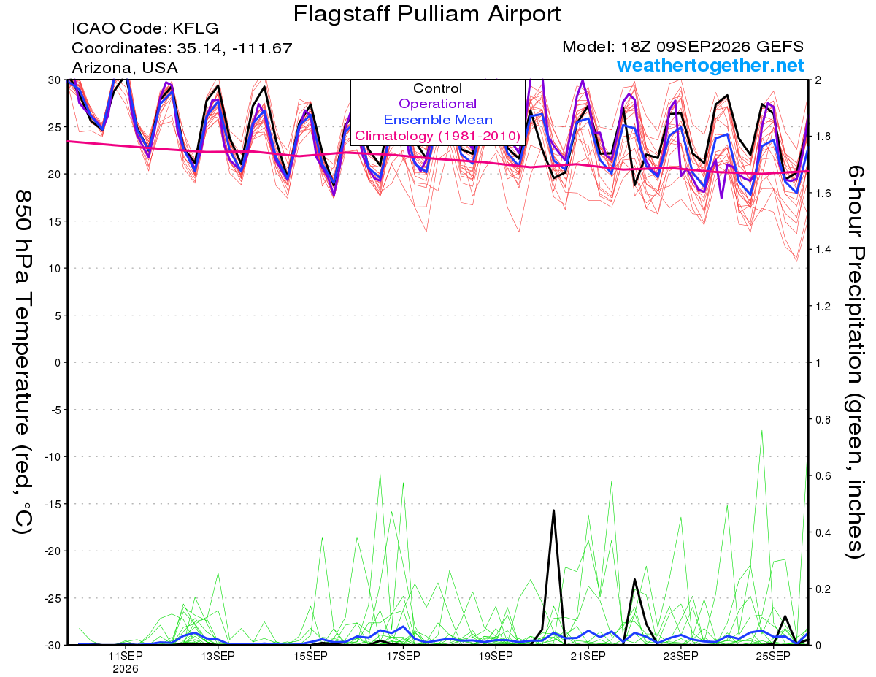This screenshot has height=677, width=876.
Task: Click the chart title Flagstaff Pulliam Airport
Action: tap(426, 15)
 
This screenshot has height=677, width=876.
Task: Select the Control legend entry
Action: tap(437, 88)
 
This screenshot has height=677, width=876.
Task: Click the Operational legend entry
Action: tap(437, 104)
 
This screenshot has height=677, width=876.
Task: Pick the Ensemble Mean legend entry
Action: tap(438, 120)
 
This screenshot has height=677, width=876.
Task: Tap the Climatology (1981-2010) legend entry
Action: tap(437, 136)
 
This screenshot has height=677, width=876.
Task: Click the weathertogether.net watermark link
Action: tap(710, 65)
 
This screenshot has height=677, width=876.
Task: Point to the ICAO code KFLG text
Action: tap(145, 28)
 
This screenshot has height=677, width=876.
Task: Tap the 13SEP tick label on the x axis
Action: tap(218, 657)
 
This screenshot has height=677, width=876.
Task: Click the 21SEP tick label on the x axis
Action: tap(588, 657)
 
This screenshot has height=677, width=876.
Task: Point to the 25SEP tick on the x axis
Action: tap(773, 657)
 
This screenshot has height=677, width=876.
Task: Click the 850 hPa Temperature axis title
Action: tap(23, 362)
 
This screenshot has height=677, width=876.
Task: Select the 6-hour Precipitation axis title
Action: tap(855, 362)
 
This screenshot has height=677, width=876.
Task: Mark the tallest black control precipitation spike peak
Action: tap(553, 510)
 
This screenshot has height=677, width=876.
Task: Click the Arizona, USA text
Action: tap(125, 68)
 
